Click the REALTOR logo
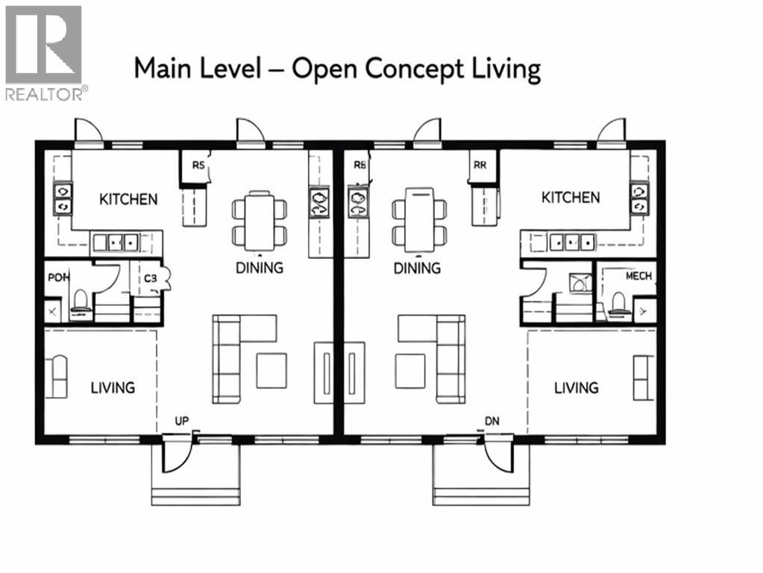(45, 52)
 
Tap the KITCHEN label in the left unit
(128, 199)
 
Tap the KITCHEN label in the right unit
(570, 198)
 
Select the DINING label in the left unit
(260, 268)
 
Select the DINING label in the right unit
(417, 268)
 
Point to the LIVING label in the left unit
(113, 388)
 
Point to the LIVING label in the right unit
(576, 388)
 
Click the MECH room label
(638, 276)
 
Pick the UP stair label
(181, 422)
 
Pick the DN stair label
(492, 422)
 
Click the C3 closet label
(151, 278)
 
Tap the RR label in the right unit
(479, 166)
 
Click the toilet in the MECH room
(618, 302)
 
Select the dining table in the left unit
(260, 221)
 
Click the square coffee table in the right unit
(409, 371)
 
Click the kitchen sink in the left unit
(116, 242)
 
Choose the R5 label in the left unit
(198, 166)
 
